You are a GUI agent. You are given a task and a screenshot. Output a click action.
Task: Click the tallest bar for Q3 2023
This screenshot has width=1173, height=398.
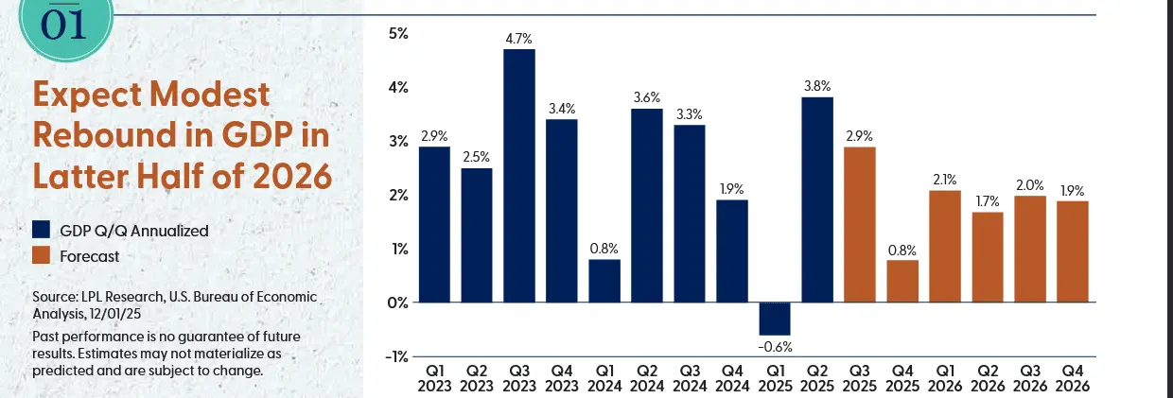(x=519, y=175)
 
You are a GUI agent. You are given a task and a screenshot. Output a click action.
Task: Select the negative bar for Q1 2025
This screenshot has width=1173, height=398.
(x=774, y=319)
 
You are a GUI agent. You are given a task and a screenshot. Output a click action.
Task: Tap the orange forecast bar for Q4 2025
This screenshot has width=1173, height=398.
(x=902, y=281)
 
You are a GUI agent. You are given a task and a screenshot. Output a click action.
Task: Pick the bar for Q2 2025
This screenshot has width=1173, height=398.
(x=816, y=199)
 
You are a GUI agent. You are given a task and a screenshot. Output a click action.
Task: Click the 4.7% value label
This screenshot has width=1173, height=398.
(x=519, y=39)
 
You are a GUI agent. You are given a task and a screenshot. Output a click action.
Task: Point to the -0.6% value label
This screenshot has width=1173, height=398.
(x=774, y=345)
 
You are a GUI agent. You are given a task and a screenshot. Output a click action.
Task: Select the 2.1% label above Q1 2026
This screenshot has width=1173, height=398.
(x=945, y=180)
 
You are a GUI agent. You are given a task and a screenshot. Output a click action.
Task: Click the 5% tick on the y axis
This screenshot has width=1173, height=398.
(x=397, y=34)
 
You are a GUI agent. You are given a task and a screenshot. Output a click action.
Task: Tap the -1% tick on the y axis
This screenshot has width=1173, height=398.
(x=396, y=356)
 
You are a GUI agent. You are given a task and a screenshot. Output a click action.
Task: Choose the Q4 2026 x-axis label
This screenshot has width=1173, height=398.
(x=1072, y=379)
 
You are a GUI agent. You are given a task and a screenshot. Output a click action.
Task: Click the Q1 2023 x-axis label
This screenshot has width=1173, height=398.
(x=434, y=379)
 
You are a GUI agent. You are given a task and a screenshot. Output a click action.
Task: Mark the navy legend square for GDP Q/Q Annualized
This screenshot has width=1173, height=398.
(x=42, y=230)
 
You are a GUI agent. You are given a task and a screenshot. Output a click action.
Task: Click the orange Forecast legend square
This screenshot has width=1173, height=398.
(x=42, y=255)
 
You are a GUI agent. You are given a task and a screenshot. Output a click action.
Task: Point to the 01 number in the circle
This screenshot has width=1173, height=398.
(x=65, y=24)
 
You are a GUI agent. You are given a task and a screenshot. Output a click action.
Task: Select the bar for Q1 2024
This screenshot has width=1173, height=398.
(x=604, y=281)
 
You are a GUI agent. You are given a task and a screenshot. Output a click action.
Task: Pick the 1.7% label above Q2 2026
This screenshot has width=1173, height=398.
(x=987, y=201)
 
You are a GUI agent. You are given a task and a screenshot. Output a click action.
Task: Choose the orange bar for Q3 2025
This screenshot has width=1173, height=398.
(x=859, y=224)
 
